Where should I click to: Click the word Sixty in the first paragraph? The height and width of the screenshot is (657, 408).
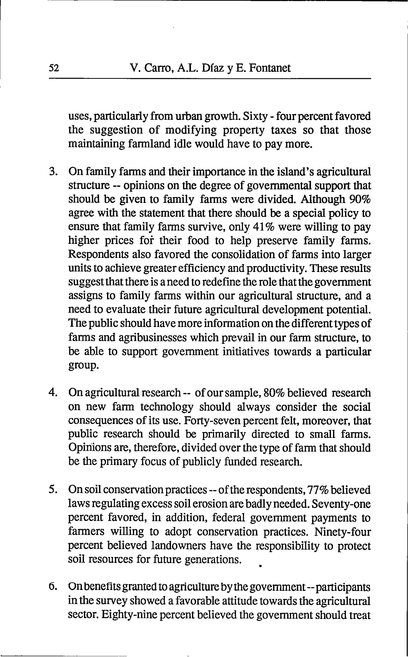pyautogui.click(x=254, y=116)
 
